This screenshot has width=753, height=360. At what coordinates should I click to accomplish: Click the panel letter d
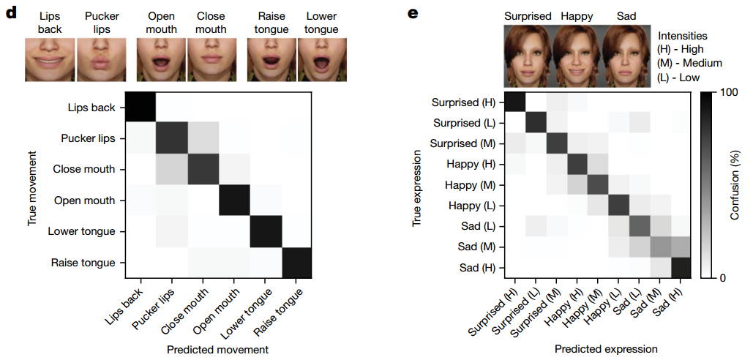tap(10, 12)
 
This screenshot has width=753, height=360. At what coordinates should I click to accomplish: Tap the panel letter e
tap(413, 12)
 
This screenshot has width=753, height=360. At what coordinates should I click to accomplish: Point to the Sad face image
tap(626, 55)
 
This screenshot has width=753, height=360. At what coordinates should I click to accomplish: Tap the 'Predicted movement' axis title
tap(217, 350)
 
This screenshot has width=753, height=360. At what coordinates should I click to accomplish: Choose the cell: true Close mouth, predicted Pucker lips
tap(171, 170)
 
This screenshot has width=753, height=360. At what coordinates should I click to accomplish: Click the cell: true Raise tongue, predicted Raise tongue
tap(296, 262)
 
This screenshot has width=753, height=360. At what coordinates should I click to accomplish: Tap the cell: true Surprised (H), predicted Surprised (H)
tap(515, 102)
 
